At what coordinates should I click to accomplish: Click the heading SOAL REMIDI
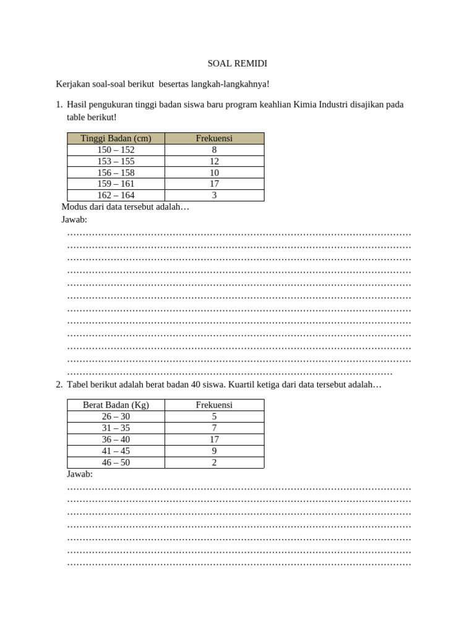237,64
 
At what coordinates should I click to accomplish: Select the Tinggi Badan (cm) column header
116,138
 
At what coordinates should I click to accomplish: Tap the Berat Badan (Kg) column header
116,405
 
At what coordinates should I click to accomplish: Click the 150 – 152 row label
116,150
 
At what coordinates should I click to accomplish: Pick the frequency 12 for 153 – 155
214,161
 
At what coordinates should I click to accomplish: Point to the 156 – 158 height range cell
116,172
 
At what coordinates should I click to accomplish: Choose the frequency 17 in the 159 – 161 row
214,184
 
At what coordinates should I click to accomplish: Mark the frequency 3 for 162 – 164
214,195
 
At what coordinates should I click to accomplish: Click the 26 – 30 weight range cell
116,417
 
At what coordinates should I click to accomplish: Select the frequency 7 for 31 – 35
214,428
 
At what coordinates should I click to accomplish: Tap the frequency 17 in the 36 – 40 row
214,440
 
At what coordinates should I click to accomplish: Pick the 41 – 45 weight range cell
116,451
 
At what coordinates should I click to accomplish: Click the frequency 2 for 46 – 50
214,462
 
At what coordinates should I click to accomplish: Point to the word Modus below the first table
75,207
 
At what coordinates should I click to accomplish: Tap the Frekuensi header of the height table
214,138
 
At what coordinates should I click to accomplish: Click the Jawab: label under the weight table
79,474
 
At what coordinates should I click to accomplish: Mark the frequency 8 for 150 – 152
214,150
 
